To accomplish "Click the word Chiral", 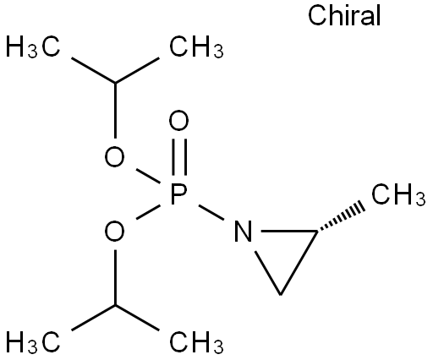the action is click(x=344, y=16).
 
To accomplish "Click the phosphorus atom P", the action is click(x=179, y=194).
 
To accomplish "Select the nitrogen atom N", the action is click(x=243, y=232).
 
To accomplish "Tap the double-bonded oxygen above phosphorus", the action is click(x=178, y=121).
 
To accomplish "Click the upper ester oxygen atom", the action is click(x=114, y=156).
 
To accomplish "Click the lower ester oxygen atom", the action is click(x=114, y=232).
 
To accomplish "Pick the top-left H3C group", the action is click(x=33, y=46).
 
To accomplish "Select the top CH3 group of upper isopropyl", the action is click(x=196, y=46).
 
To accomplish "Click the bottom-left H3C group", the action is click(x=33, y=341).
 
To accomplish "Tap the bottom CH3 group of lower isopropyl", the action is click(x=196, y=341).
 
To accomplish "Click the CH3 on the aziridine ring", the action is click(x=398, y=194).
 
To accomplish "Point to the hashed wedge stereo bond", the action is click(x=341, y=219).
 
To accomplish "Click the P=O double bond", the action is click(x=179, y=156).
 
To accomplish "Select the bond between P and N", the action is click(x=211, y=212).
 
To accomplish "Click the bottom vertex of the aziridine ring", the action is click(x=280, y=295).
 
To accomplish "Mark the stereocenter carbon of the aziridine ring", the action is click(x=317, y=232).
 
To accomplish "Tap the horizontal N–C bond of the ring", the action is click(x=289, y=232).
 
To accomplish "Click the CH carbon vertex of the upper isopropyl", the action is click(x=115, y=83).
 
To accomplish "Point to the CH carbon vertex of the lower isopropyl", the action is click(x=115, y=305).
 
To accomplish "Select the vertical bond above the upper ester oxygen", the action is click(x=115, y=111).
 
